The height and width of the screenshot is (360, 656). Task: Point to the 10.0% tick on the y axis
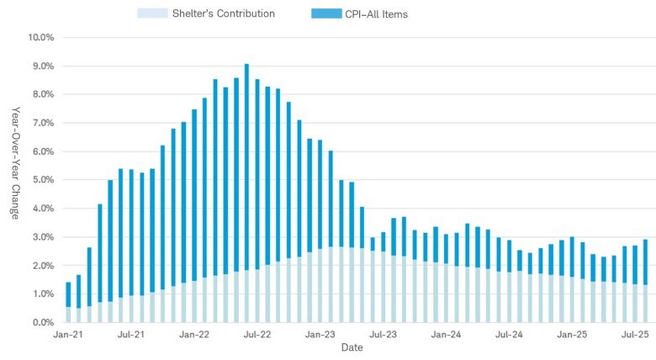coord(41,38)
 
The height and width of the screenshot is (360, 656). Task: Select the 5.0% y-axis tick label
coord(43,180)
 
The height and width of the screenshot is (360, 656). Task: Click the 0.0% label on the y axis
coord(43,322)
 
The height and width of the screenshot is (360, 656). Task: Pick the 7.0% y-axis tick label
coord(43,123)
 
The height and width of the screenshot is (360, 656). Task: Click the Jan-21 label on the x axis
coord(68,335)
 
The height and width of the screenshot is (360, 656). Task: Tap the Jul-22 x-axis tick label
coord(257,335)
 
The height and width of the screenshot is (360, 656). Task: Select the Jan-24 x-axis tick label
coord(446,335)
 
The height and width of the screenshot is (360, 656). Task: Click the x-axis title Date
coord(352,347)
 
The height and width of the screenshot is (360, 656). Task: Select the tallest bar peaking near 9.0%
coord(246,193)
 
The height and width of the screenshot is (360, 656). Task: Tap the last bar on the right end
coord(645,281)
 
